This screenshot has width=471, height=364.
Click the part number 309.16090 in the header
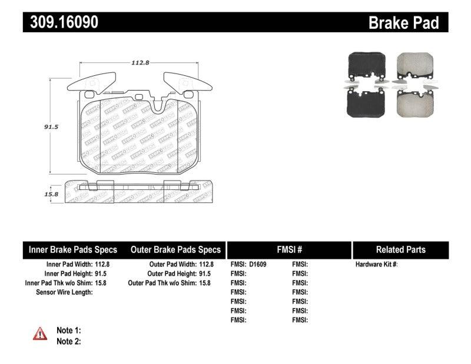61,22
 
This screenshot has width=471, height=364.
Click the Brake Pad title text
403,23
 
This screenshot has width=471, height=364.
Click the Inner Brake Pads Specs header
73,249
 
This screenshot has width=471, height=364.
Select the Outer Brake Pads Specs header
175,249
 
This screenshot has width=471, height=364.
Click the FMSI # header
288,249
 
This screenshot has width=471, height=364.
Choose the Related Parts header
400,249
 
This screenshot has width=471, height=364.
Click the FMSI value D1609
257,265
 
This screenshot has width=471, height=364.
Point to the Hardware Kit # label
376,265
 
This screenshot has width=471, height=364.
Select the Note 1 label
68,330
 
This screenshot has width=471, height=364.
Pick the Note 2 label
68,341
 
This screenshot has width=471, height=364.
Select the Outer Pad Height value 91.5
204,273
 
